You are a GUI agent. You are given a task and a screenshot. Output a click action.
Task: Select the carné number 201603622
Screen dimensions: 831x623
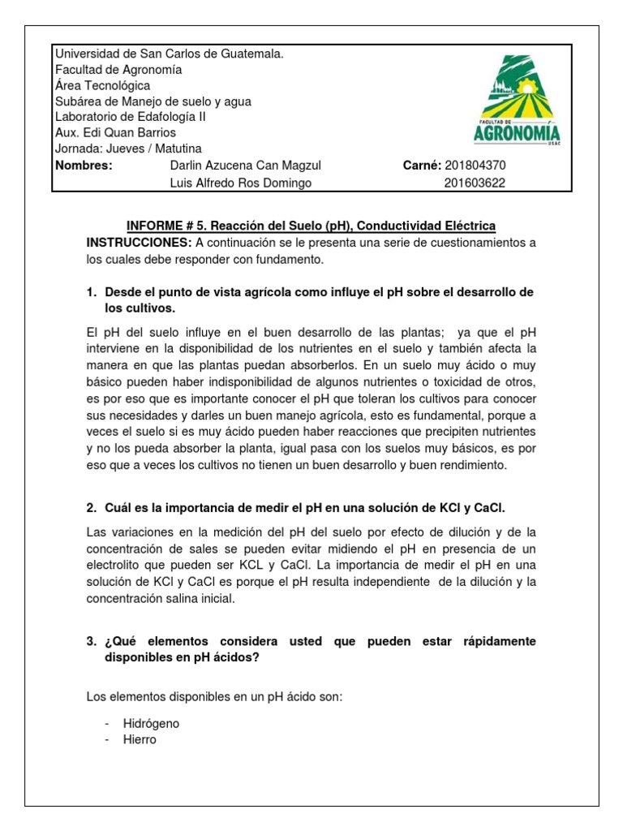pos(475,183)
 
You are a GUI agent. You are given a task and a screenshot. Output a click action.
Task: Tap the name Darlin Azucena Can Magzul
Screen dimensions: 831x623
pos(244,166)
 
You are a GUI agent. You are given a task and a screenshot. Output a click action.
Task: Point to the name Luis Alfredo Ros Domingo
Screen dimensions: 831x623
pos(239,183)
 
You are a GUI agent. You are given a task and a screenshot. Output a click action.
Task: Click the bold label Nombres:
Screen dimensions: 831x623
pos(83,166)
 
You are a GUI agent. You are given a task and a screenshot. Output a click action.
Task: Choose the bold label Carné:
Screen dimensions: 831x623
pos(422,166)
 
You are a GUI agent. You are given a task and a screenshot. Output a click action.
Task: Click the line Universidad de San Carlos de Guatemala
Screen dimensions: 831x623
pos(169,54)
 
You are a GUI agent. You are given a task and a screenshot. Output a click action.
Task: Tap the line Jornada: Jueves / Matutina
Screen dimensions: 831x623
pos(128,149)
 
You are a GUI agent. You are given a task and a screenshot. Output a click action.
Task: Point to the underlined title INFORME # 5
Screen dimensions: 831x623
pos(311,225)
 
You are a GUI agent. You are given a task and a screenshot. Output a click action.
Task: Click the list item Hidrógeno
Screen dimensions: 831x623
pos(151,722)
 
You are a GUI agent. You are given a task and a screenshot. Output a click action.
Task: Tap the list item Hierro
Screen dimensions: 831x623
pos(140,739)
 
